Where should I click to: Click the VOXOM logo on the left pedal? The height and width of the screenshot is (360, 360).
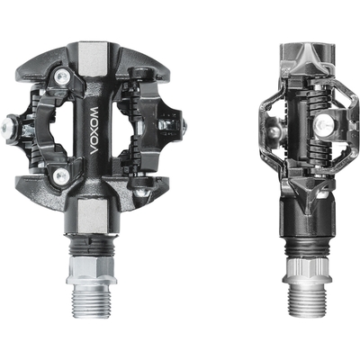coord(95,130)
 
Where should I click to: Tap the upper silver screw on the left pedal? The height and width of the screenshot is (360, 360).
coord(63,77)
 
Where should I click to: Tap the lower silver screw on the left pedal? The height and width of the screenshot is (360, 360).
coord(61,174)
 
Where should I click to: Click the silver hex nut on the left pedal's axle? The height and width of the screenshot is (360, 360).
coord(91,270)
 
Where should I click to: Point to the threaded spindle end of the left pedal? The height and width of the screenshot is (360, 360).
coord(91,301)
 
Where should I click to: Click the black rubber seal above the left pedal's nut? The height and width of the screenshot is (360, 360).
coord(90,246)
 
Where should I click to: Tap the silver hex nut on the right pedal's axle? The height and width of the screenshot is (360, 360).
coord(307,270)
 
